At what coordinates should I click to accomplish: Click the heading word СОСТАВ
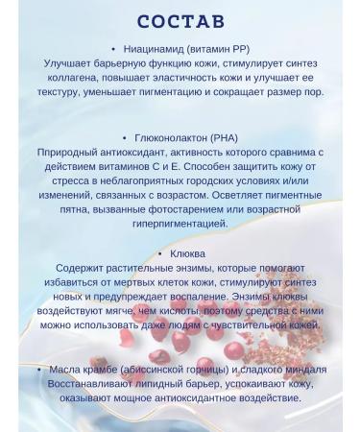point(180,20)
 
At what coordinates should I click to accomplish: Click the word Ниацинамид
point(157,48)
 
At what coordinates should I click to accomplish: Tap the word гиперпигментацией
point(180,224)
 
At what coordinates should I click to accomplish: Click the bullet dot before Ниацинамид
point(114,48)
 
